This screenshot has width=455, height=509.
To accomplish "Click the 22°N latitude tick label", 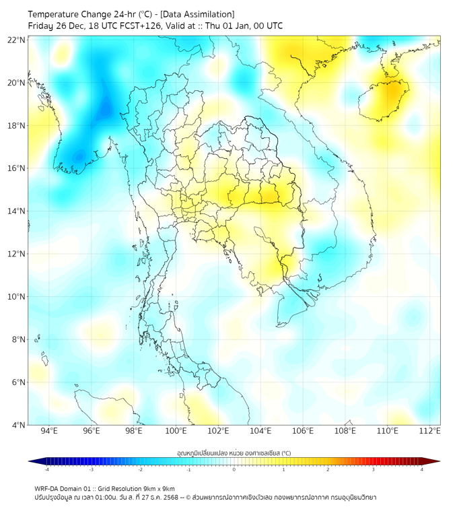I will [17, 40].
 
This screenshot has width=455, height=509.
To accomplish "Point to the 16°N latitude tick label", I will [17, 168].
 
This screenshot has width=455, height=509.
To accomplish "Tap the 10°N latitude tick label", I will [17, 297].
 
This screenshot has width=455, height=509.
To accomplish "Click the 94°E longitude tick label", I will [49, 431].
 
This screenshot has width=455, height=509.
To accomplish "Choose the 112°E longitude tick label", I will [429, 431].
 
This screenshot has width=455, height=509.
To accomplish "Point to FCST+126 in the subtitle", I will [125, 26].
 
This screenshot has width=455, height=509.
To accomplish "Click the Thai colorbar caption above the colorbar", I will [234, 452].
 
